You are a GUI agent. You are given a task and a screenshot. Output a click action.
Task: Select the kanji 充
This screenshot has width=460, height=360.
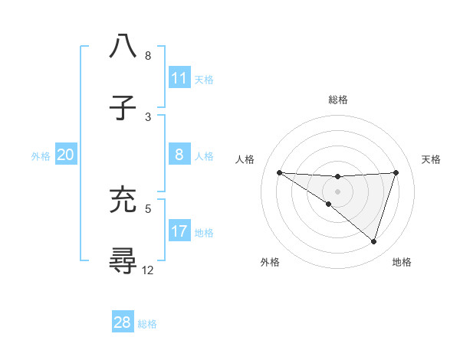tap(123, 199)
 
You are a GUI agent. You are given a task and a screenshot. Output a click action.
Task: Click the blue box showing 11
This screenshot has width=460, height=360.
tap(179, 77)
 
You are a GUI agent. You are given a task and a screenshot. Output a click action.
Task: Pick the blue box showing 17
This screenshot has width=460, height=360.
tap(179, 231)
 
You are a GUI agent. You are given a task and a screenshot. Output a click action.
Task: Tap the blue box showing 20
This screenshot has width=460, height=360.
tap(66, 155)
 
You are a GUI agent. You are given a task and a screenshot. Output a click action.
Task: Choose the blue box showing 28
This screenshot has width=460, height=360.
tap(123, 322)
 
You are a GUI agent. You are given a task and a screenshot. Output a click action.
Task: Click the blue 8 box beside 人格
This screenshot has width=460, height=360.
tap(179, 155)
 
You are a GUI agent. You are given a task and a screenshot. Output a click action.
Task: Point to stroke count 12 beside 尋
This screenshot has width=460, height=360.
tap(148, 270)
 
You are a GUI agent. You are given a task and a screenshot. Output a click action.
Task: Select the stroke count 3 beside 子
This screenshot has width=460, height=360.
tap(148, 116)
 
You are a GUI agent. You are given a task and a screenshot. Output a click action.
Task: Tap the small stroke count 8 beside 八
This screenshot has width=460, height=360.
tap(148, 55)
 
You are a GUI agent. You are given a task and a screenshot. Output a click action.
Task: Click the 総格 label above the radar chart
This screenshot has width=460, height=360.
tap(337, 100)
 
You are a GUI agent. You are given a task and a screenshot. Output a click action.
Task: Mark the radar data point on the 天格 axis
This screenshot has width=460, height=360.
tap(396, 172)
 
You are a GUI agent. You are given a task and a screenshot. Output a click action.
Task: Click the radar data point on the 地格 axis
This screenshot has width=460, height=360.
tap(373, 241)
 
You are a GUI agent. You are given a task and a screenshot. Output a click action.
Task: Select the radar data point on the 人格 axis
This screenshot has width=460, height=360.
tap(279, 172)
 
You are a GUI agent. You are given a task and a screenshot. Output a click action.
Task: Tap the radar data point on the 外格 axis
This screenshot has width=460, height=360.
tap(329, 204)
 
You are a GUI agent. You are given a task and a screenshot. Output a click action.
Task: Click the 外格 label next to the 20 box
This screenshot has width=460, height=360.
tap(41, 155)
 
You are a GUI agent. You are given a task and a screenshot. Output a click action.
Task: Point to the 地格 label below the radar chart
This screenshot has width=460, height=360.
tap(402, 262)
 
